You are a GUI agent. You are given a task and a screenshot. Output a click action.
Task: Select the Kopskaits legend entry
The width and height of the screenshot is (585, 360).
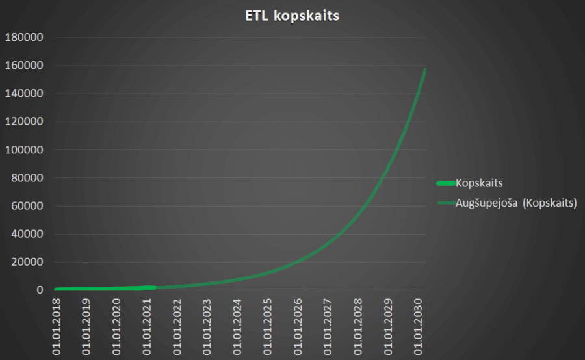480,183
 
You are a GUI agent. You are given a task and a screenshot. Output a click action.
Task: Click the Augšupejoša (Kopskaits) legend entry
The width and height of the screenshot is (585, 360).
508,203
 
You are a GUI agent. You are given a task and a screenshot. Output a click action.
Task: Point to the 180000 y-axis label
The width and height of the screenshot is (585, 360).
23,37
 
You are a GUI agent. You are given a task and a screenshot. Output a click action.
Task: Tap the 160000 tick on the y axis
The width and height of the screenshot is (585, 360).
23,65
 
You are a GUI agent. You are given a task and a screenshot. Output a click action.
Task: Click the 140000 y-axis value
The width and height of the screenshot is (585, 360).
23,94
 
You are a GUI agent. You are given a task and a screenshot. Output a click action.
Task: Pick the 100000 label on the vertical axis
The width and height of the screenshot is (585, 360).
23,149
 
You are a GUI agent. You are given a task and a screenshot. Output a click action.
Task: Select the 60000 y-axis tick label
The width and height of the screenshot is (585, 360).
27,206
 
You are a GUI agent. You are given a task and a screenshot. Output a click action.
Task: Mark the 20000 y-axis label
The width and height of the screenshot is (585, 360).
27,263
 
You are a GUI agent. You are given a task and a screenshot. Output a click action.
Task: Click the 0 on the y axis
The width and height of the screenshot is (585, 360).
40,290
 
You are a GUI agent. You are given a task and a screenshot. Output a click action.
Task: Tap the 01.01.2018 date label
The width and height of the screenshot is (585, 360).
57,326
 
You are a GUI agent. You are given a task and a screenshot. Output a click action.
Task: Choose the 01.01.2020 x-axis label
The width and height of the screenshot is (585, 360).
117,326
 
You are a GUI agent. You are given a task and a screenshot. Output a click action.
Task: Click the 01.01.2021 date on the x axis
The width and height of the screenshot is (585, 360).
148,326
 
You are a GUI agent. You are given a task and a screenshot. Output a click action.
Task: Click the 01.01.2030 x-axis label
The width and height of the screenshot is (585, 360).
419,326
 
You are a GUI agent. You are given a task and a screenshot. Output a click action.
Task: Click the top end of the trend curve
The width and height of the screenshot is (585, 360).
426,69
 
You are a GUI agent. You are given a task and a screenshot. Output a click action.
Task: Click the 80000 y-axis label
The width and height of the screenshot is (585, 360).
27,178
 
